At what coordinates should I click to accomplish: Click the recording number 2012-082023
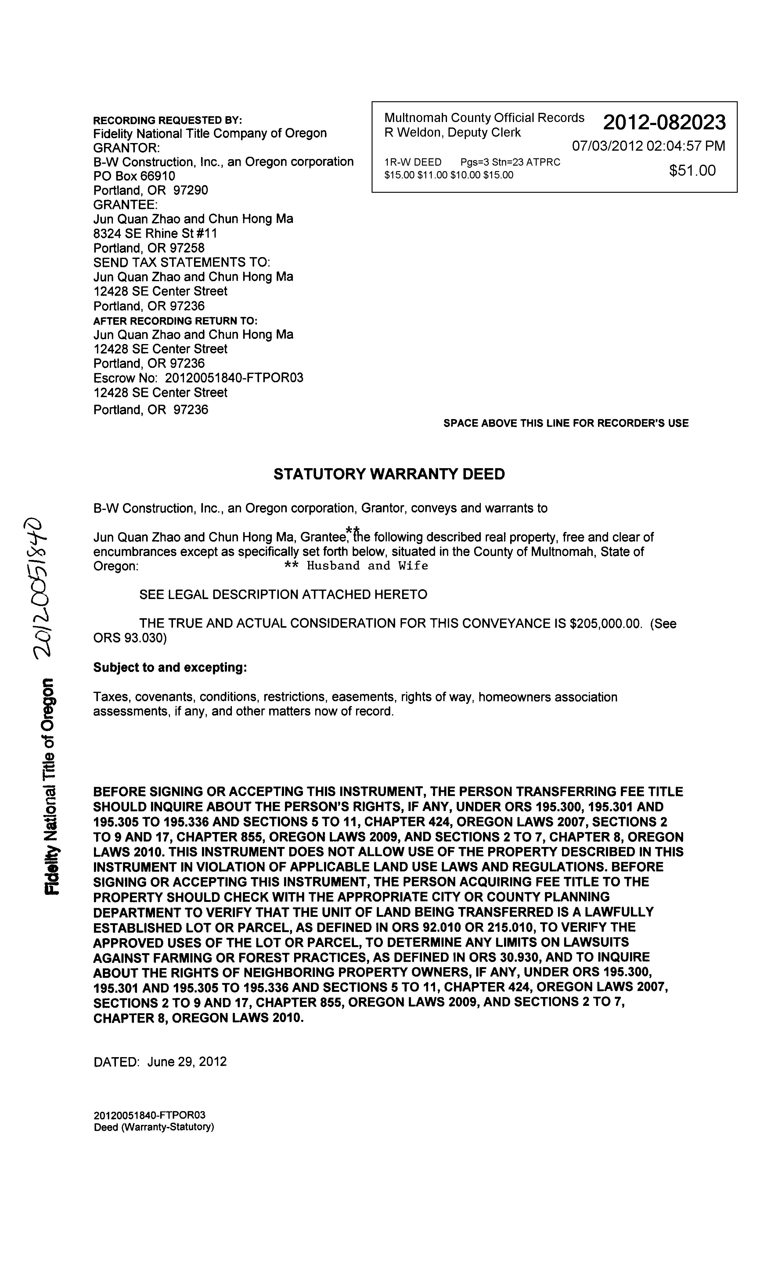pos(664,122)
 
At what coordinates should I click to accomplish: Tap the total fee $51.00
pos(692,170)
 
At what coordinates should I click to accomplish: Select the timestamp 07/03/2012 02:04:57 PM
pos(648,146)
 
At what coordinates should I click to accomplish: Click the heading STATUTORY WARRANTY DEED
pos(389,474)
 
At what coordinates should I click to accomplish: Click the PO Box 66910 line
pos(134,176)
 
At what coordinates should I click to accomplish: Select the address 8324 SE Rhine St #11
pos(155,233)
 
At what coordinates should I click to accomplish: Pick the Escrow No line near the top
pos(198,378)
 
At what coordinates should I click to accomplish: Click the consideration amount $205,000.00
pos(604,623)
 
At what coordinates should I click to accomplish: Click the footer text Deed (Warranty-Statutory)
pos(154,1127)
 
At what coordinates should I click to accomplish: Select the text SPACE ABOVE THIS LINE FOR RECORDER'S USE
pos(566,423)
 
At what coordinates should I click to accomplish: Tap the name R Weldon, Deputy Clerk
pos(452,133)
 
